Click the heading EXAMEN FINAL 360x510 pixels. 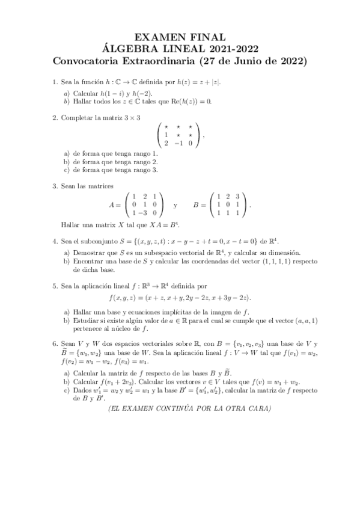[180, 38]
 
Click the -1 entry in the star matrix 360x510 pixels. [178, 143]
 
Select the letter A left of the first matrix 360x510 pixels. [112, 205]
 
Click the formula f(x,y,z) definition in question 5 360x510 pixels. [180, 298]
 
